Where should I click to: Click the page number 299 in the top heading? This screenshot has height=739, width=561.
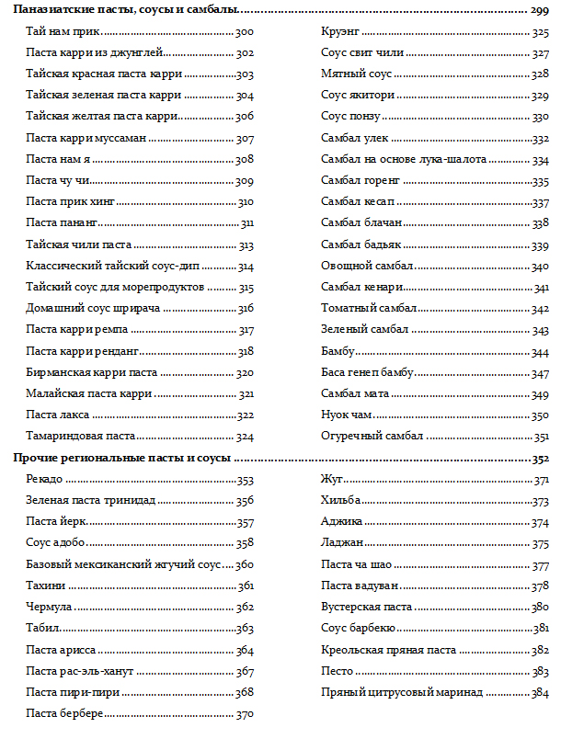(x=540, y=11)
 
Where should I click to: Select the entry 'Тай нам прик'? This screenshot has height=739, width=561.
(x=63, y=32)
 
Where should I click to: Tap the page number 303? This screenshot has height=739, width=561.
(x=245, y=74)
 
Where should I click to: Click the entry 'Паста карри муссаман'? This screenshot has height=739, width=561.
(x=86, y=140)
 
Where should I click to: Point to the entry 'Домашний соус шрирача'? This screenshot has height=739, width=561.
(x=94, y=309)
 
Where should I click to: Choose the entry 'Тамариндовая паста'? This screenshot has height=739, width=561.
(x=81, y=436)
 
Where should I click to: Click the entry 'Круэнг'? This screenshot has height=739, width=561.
(x=339, y=32)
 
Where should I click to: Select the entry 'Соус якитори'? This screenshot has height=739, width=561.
(x=358, y=96)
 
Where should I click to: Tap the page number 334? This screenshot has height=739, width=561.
(x=540, y=160)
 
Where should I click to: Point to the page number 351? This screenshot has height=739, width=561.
(x=541, y=437)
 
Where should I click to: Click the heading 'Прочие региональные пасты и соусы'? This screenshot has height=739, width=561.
(x=120, y=458)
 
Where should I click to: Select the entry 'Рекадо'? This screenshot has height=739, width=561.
(x=45, y=480)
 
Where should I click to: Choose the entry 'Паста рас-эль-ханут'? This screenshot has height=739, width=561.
(x=89, y=672)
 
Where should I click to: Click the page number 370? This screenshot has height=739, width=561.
(x=245, y=714)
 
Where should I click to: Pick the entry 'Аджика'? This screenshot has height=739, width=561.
(x=341, y=522)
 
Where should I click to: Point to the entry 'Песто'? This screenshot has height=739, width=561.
(x=337, y=672)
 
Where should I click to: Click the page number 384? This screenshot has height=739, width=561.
(x=540, y=693)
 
